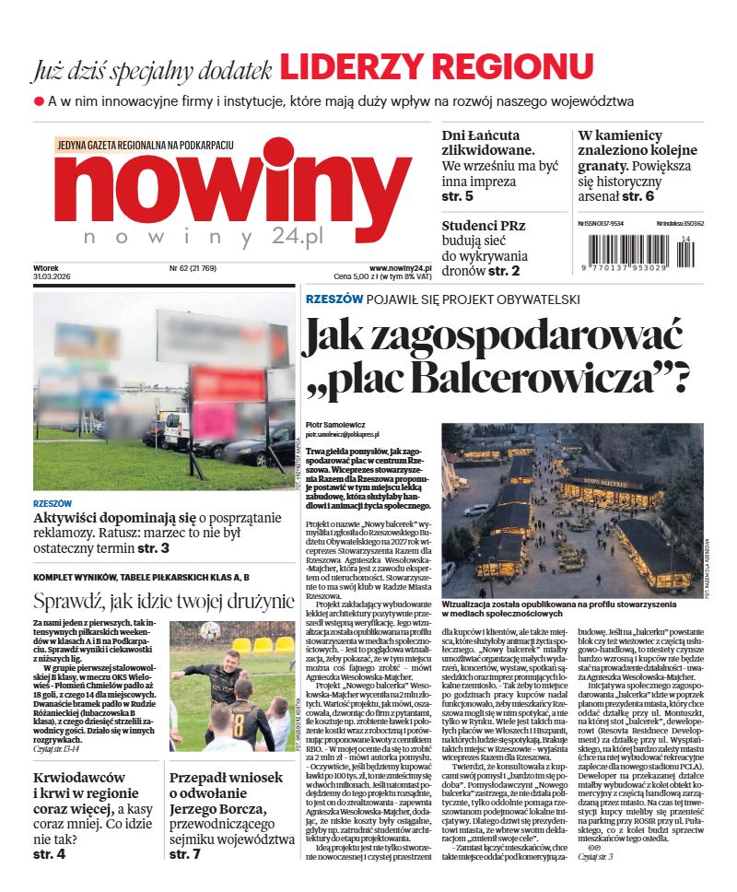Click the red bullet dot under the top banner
coord(39,100)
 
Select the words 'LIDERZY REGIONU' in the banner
coord(436,66)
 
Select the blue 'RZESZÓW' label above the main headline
coord(333,299)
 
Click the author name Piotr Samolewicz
coord(333,425)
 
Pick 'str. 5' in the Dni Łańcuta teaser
coord(457,196)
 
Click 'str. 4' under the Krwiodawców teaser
coord(49,854)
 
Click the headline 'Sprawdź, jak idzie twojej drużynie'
coord(164,603)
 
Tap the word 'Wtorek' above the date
coord(48,268)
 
